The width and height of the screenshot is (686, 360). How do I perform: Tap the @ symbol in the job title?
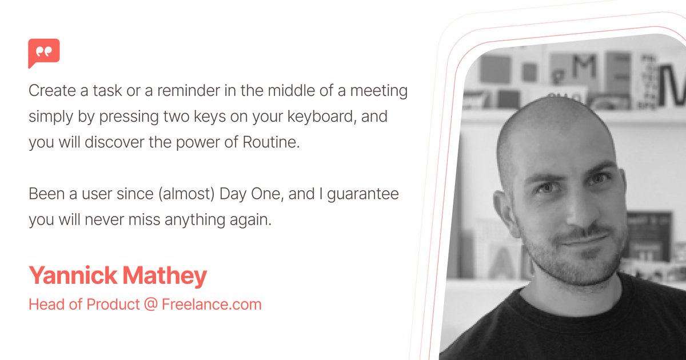tap(150, 305)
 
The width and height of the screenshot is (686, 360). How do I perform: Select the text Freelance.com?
tap(212, 305)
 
